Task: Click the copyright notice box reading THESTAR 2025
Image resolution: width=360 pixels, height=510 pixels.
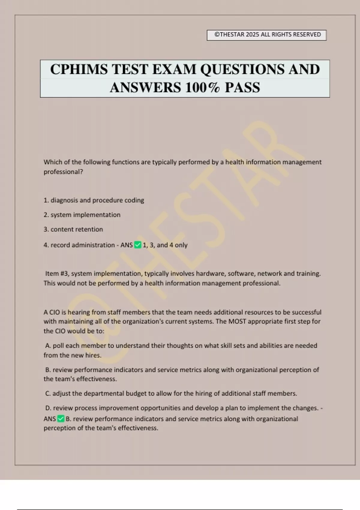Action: pos(266,35)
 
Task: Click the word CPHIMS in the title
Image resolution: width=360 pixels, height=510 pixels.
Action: pos(79,69)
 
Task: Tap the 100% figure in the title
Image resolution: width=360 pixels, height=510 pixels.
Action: pos(202,88)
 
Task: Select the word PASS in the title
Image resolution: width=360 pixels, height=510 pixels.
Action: pos(242,88)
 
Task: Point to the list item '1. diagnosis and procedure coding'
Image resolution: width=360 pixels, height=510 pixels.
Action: pos(94,200)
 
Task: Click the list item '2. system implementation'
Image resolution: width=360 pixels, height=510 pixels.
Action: pos(82,215)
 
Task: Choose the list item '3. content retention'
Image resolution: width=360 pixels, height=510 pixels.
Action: pos(73,229)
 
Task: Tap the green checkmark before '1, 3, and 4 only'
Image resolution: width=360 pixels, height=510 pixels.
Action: pos(138,245)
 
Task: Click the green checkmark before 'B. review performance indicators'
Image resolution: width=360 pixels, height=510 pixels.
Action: pos(61,419)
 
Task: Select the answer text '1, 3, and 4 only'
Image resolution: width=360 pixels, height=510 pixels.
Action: pos(165,245)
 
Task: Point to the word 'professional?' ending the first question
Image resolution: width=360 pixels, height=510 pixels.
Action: pos(63,172)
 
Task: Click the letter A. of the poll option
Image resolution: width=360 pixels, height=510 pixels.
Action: pos(48,346)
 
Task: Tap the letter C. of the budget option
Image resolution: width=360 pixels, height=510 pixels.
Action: pos(48,394)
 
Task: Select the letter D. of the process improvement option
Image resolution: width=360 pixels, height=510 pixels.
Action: pos(48,408)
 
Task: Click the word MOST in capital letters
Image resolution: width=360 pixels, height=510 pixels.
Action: pos(237,322)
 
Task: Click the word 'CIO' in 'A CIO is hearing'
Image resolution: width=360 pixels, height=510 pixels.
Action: pos(55,312)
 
